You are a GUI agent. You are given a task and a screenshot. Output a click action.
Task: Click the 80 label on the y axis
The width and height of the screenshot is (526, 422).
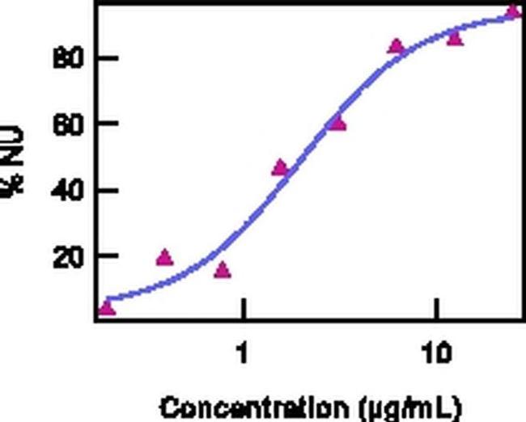[66, 59]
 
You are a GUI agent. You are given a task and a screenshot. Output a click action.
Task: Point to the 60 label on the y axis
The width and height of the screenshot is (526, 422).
[66, 124]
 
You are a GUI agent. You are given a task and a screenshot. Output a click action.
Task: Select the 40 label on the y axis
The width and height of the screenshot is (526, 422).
[66, 191]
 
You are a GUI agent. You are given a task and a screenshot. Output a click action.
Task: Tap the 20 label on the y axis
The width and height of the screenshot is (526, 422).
[66, 256]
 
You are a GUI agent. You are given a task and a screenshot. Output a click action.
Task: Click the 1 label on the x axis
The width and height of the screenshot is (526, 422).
[242, 353]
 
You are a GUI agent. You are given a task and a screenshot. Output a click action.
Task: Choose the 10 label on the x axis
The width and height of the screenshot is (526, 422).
[436, 353]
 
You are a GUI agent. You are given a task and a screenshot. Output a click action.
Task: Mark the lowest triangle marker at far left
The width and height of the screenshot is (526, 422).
[107, 308]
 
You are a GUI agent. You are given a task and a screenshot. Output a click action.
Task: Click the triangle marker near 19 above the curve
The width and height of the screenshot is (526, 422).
[164, 258]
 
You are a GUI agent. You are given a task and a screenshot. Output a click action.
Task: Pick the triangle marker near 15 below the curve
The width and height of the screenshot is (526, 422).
[223, 270]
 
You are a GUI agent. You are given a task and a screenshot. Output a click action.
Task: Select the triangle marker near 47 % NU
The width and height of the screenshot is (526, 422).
[280, 167]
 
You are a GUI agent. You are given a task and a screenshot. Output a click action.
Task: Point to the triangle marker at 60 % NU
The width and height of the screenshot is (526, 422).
[337, 123]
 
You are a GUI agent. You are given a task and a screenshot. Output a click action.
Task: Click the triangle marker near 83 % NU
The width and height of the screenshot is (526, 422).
[396, 46]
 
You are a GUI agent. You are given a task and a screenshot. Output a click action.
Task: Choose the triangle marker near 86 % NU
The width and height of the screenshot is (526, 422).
[455, 37]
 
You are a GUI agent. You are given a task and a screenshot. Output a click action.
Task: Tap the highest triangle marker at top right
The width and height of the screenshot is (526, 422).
[513, 11]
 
